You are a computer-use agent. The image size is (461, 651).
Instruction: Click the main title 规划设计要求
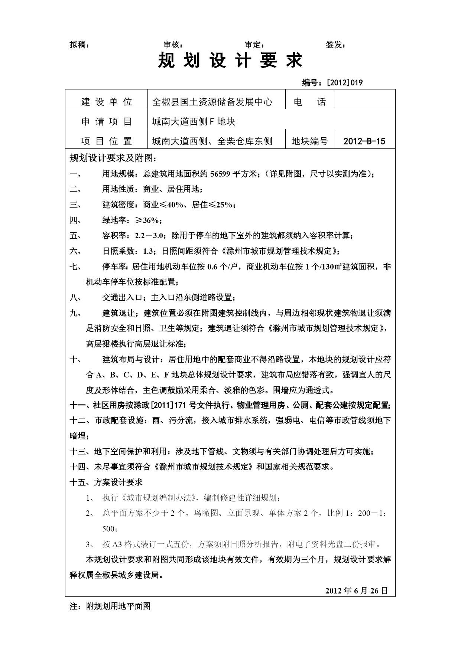230,60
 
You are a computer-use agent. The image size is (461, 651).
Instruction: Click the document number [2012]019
344,82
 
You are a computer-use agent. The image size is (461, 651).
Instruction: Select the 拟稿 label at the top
79,45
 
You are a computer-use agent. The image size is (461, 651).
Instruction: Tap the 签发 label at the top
335,45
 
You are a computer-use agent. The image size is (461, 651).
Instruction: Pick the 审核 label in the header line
173,45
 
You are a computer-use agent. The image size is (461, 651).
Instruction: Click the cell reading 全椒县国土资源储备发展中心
212,102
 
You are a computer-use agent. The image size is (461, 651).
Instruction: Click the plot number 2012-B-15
364,141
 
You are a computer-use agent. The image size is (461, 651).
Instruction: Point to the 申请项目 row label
107,121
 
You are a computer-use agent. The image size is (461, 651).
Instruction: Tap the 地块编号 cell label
309,141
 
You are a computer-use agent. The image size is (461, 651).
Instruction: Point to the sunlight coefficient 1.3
149,251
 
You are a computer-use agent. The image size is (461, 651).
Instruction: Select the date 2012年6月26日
357,591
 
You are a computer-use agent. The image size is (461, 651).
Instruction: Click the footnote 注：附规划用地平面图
110,606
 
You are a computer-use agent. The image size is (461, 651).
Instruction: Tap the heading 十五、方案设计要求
106,482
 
